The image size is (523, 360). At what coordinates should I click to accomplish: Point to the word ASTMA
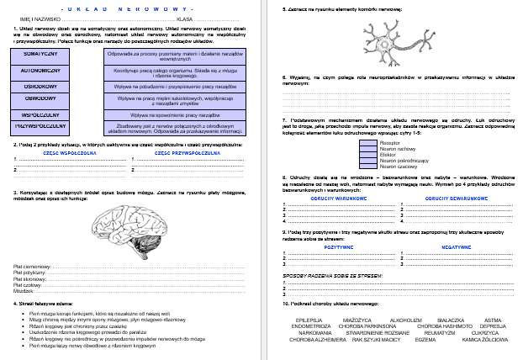point(494,320)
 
